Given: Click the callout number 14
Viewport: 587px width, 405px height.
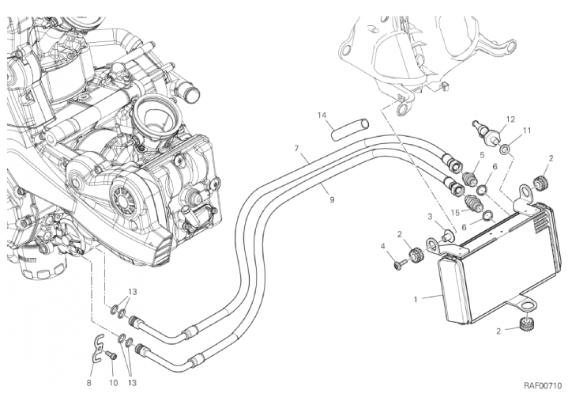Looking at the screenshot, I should (322, 115).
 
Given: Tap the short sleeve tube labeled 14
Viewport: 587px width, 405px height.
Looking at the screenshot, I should (351, 127).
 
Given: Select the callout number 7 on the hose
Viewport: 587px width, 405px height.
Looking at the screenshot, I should (296, 148).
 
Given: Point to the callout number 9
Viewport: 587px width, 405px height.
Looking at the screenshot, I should (332, 200).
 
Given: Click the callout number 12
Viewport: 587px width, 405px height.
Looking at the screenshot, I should (510, 119).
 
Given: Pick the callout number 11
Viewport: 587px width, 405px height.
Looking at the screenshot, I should (526, 130).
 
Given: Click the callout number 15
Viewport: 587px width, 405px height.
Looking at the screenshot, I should (455, 211).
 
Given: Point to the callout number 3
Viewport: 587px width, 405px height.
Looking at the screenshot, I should (430, 216).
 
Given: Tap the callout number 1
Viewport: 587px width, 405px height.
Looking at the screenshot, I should (416, 300).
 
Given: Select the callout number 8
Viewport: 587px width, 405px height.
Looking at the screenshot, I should (89, 383).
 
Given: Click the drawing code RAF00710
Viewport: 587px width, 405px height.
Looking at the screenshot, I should (542, 385).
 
